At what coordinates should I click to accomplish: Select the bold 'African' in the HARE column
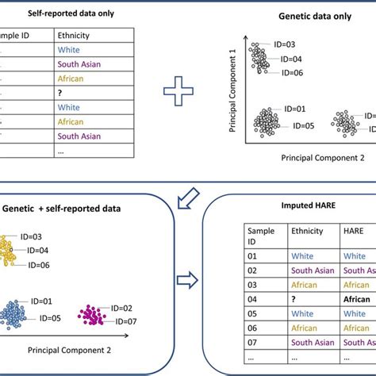tap(357, 301)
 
